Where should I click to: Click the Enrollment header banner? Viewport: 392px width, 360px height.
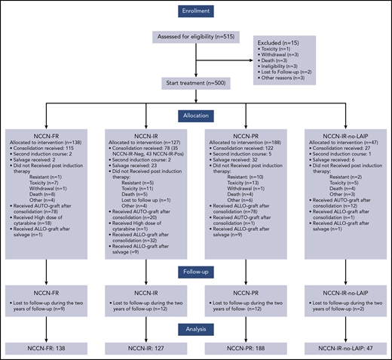pos(196,12)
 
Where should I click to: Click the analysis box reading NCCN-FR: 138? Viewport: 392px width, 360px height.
pos(49,349)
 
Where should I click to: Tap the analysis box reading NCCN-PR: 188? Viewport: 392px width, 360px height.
pos(245,349)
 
